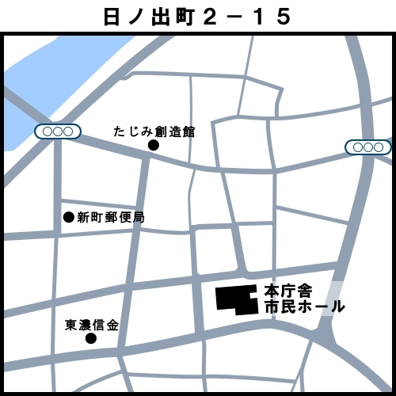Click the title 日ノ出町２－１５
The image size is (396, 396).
pos(197,16)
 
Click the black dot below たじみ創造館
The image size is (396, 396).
pos(154,146)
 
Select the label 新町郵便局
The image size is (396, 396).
pos(110,217)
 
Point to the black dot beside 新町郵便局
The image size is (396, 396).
pos(68,217)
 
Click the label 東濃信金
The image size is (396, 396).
pos(91,325)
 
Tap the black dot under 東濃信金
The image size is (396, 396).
pos(91,339)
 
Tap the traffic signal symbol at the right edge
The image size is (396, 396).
pos(368,147)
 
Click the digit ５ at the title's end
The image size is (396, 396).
pos(283,16)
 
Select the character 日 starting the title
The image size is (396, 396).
pos(112,16)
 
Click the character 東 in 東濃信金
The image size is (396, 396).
pos(71,325)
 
